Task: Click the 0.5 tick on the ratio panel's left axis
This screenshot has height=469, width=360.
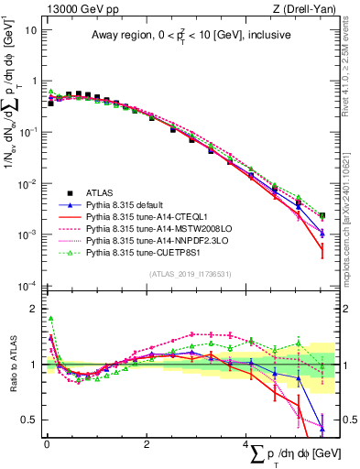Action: click(27, 420)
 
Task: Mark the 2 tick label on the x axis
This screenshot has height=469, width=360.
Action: click(147, 444)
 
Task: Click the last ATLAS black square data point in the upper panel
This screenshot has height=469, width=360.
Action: click(322, 215)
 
